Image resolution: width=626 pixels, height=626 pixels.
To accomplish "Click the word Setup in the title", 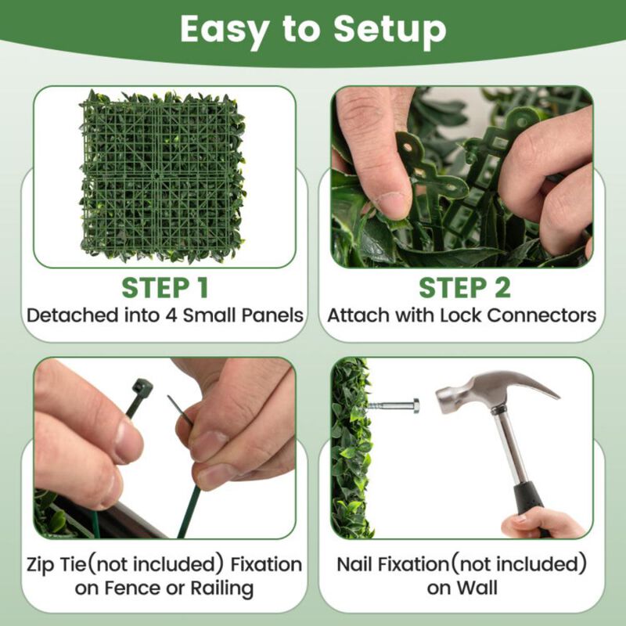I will [390, 30].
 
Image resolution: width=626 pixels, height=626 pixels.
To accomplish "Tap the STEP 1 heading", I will [165, 288].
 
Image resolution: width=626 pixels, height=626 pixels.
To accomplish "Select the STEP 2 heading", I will [465, 288].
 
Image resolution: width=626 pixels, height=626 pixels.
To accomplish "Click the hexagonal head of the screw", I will [414, 405].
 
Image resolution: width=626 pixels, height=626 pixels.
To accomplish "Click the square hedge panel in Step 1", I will [163, 176].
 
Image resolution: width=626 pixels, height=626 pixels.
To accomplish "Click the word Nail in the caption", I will [361, 564].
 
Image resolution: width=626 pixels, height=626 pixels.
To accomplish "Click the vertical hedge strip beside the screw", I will [349, 446].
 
